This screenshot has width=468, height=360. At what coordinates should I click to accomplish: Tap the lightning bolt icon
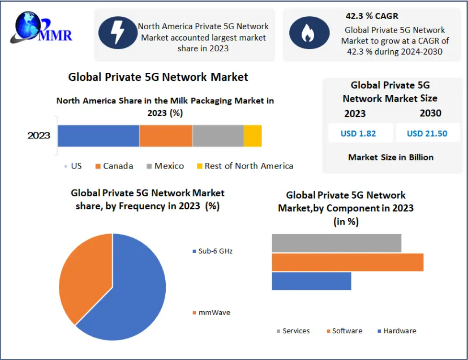pos(117,33)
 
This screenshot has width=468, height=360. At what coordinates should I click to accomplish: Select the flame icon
pos(306,33)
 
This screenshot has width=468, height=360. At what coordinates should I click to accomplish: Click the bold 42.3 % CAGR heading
pos(372,16)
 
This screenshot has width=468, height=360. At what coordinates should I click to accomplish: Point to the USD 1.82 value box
pos(358,134)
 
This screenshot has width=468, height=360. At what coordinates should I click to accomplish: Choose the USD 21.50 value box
pos(427,134)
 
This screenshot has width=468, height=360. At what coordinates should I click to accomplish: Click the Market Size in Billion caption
pos(391,157)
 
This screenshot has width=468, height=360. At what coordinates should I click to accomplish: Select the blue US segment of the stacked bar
pos(98,135)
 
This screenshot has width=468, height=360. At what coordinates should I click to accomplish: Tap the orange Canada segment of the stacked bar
pos(166,135)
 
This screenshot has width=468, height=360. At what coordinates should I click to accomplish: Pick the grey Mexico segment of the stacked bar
pos(218,135)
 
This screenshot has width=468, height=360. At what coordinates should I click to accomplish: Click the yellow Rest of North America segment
pos(252,135)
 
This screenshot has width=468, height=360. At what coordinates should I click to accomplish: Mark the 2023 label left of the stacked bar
pos(39,135)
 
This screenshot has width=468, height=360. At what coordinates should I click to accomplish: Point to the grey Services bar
pos(336,243)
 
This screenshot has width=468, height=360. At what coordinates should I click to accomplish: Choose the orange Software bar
pos(347,262)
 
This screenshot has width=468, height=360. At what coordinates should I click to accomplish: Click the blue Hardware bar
pos(311,281)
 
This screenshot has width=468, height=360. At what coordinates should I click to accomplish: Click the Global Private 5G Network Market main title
pos(158,77)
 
